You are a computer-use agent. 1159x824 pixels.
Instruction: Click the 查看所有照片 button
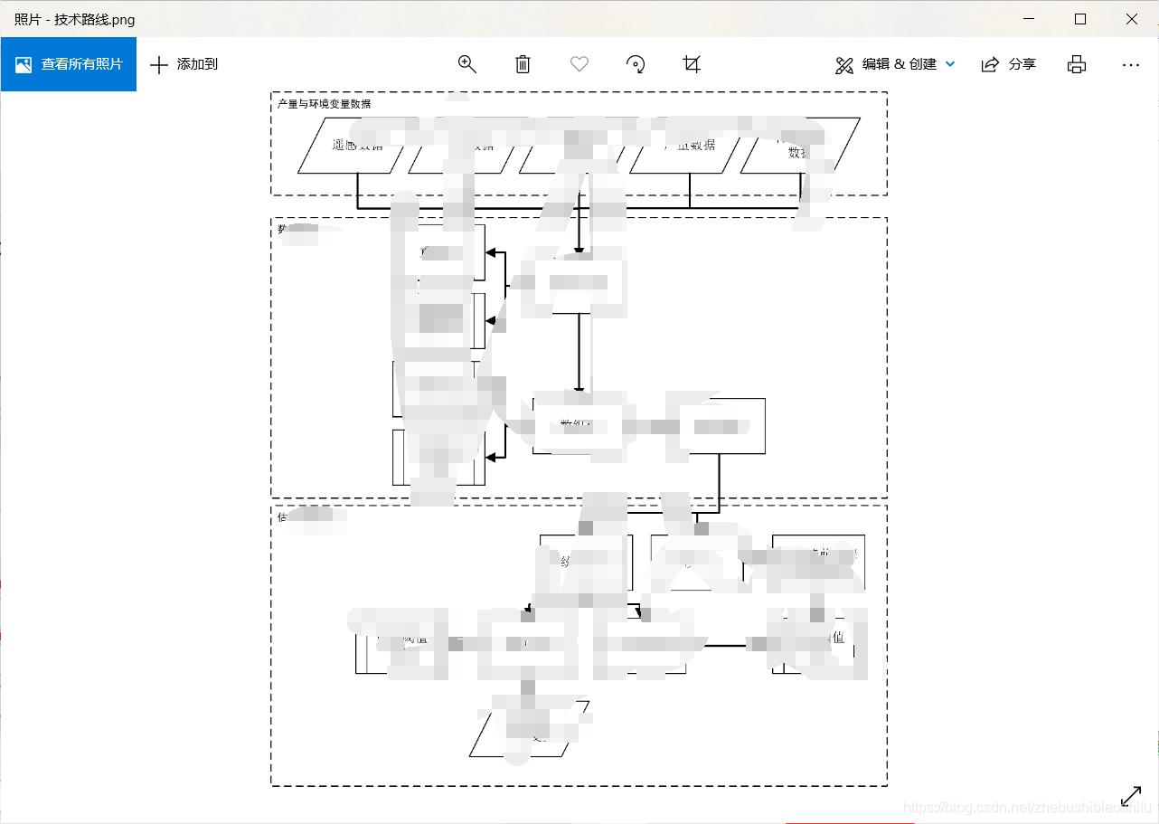coord(69,64)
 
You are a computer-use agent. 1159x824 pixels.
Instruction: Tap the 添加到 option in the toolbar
coord(184,64)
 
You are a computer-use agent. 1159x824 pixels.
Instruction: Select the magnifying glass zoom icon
coord(466,64)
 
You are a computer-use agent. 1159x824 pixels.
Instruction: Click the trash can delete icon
coord(523,64)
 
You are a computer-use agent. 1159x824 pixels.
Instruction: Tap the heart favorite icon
coord(579,64)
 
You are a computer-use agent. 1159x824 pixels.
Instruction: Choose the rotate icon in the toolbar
coord(636,64)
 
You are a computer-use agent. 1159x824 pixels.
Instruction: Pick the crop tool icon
coord(692,64)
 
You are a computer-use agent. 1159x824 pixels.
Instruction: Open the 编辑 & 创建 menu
coord(895,64)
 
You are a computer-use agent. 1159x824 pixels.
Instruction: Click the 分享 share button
coord(1009,64)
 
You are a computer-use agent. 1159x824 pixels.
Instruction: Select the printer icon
coord(1076,64)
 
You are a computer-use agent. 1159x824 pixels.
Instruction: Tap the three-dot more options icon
coord(1130,64)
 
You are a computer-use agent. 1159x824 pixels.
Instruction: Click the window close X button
coord(1131,19)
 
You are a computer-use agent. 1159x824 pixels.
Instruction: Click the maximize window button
coord(1080,19)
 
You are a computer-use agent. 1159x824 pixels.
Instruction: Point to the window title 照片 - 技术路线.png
coord(74,19)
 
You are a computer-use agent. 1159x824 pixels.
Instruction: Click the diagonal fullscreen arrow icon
coord(1131,796)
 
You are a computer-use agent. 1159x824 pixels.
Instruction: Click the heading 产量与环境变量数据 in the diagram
coord(324,104)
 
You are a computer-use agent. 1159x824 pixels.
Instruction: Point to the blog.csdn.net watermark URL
coord(1026,807)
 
